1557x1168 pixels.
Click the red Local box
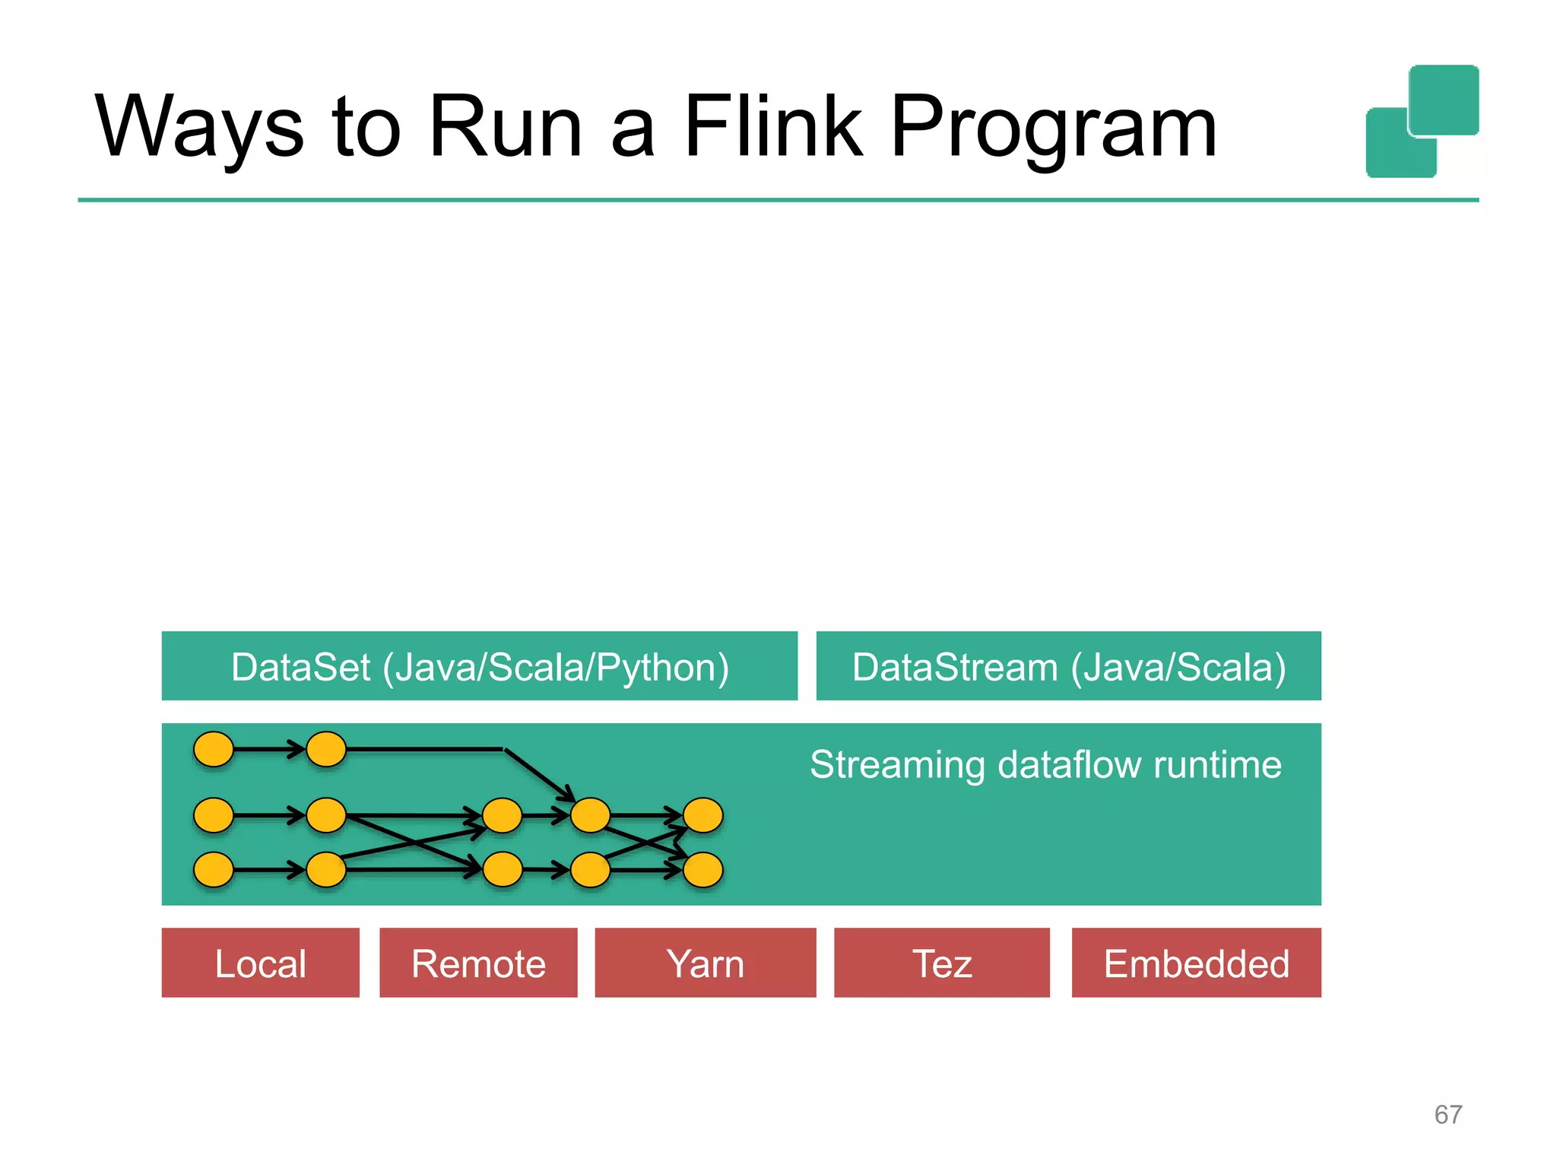260,963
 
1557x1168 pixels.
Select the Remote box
478,963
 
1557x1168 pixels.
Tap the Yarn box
705,963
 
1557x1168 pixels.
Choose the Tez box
941,963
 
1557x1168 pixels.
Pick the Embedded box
1196,963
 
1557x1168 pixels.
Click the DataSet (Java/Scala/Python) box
479,666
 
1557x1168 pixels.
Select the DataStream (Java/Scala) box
1068,666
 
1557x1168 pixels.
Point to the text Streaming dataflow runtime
1045,764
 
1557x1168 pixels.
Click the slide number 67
1448,1114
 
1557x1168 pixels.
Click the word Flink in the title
773,126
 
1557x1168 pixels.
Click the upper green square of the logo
1444,100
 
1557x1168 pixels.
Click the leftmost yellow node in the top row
214,749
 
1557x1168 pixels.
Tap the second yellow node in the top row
326,749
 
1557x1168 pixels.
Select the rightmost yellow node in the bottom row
702,870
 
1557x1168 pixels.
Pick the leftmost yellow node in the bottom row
214,870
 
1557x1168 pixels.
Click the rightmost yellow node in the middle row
702,815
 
